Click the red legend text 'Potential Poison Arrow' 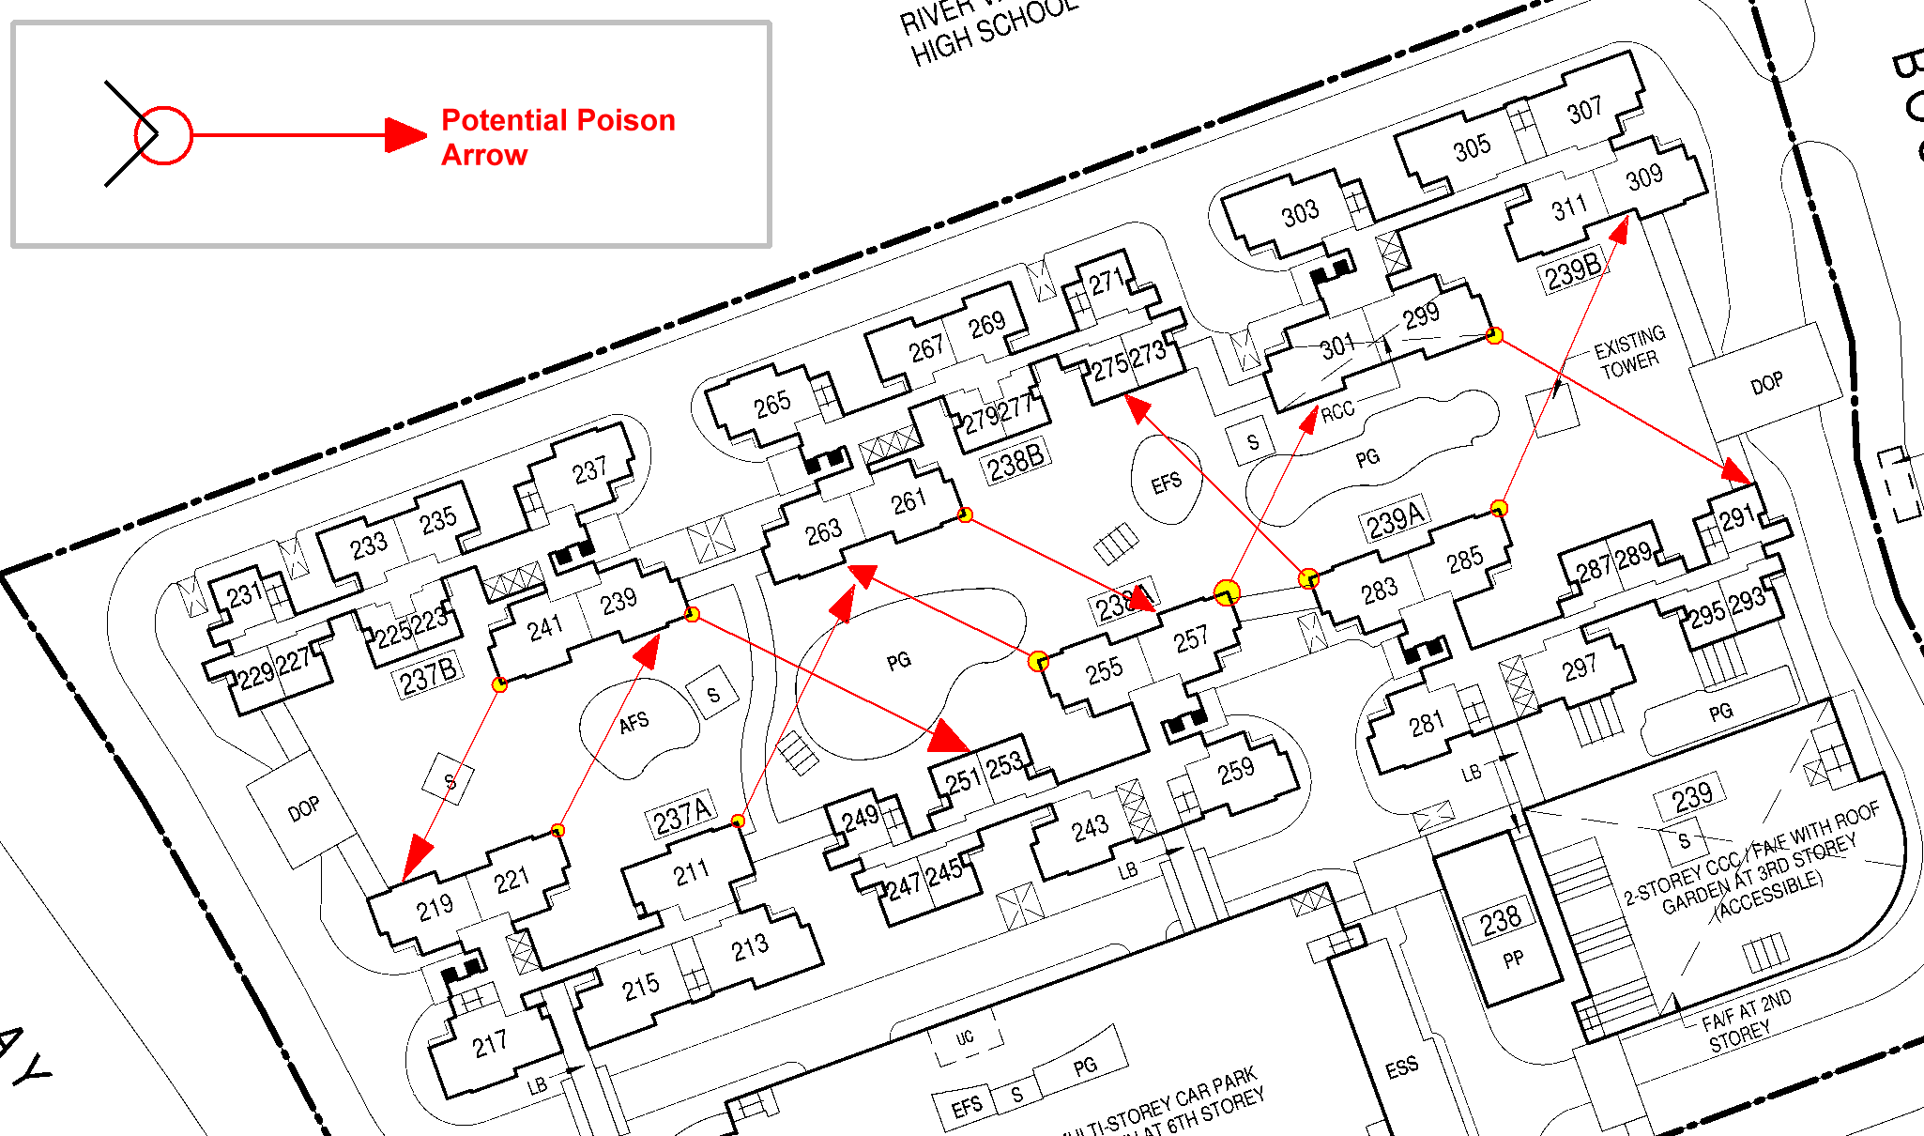coord(557,137)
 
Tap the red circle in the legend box coord(163,135)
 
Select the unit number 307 coord(1584,111)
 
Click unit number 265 coord(771,405)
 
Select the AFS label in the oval coord(634,722)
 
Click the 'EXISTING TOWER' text coord(1629,352)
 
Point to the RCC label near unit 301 coord(1337,411)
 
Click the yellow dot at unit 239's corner coord(692,615)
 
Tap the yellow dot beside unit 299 coord(1494,335)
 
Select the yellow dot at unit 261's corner coord(964,514)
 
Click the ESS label coord(1401,1067)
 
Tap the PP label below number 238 coord(1513,959)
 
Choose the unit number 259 coord(1236,771)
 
